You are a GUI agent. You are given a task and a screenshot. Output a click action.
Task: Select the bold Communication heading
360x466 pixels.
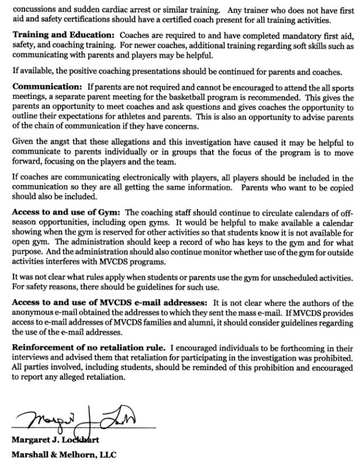pos(46,86)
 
